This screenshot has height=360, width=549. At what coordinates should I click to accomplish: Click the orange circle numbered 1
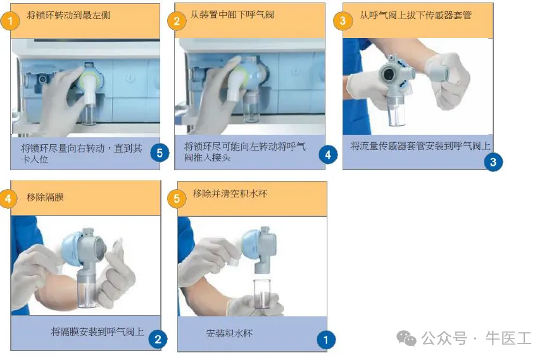point(11,22)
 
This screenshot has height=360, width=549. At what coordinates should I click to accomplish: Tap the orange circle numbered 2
point(177,21)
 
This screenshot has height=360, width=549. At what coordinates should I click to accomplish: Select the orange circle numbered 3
point(343,21)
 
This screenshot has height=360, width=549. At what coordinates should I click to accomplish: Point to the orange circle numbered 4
point(8,199)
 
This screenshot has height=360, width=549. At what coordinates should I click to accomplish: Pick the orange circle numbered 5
point(177,199)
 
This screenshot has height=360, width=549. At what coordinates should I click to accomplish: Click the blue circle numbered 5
point(160,153)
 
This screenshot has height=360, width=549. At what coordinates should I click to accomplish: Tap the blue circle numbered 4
point(328,154)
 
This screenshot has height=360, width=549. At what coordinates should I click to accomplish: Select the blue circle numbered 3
point(493,162)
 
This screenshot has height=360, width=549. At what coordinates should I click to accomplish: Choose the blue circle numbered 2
point(158,339)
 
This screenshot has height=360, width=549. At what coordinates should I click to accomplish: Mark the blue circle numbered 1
point(326,340)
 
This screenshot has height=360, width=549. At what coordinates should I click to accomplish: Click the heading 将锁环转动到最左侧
point(68,15)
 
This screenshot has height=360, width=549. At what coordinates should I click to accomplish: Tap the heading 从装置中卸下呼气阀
point(232,15)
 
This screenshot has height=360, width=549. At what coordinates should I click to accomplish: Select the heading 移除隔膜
point(45,197)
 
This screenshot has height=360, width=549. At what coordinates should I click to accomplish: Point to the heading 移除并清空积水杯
point(230,194)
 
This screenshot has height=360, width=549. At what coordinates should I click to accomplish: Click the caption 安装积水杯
point(229,333)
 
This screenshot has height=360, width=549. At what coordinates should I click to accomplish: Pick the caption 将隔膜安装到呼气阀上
point(98,332)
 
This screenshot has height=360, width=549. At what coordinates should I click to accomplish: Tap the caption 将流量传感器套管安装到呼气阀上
point(420,146)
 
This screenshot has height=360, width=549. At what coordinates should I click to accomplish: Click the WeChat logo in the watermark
point(406,338)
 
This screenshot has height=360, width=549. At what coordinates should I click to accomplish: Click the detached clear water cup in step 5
point(262,293)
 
